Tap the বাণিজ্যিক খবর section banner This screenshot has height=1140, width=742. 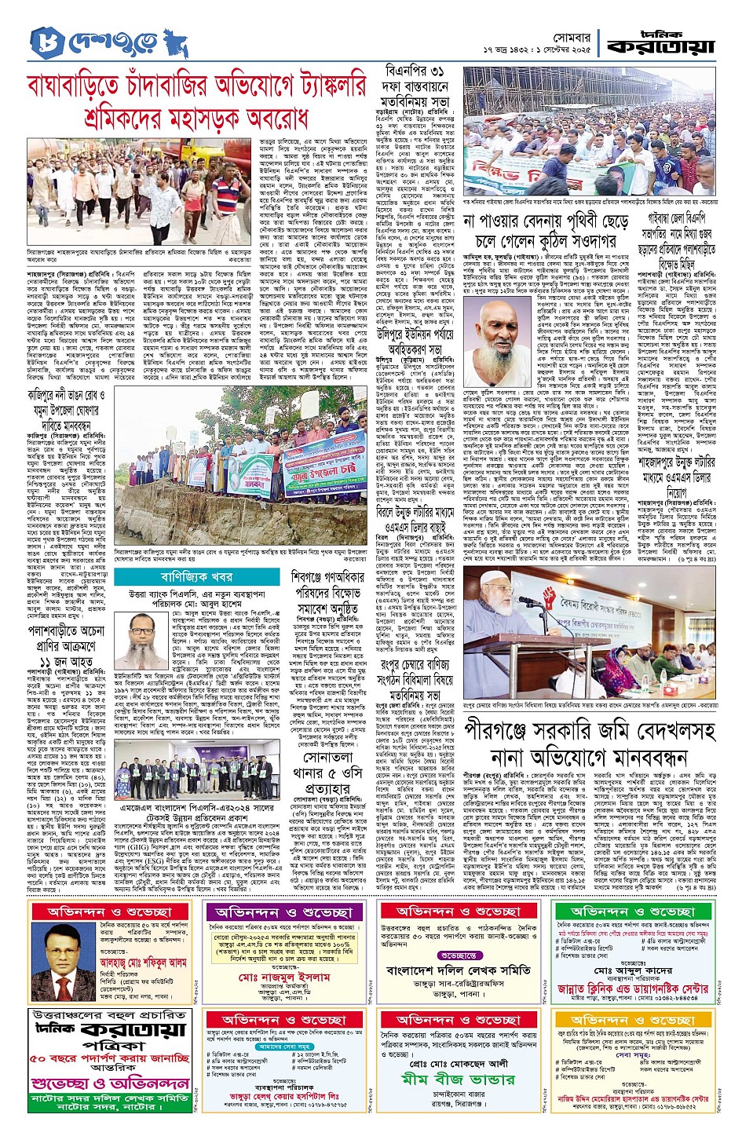click(185, 577)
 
